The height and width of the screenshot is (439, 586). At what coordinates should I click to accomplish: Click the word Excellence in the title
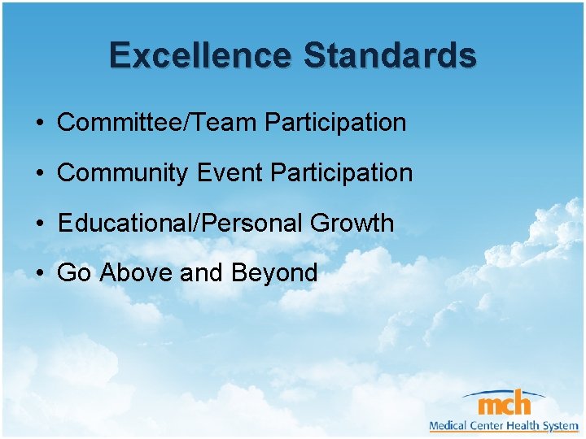202,55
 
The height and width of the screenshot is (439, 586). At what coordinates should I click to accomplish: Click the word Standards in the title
390,55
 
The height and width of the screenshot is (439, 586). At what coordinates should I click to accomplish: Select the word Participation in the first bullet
335,123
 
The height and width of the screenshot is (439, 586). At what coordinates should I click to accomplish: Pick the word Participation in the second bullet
342,173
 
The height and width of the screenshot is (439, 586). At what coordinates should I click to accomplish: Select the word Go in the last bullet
74,273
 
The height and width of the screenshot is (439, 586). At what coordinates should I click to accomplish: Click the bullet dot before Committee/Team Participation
39,124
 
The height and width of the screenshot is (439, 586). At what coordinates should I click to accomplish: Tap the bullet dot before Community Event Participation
39,175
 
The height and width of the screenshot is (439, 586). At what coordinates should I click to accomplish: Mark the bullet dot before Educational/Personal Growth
39,225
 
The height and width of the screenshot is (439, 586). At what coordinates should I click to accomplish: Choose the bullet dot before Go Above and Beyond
39,275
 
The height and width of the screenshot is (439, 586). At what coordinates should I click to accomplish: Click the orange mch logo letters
504,403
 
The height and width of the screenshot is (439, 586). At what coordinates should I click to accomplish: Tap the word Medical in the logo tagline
448,425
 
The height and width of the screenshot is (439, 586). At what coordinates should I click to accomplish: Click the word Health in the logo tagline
524,425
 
